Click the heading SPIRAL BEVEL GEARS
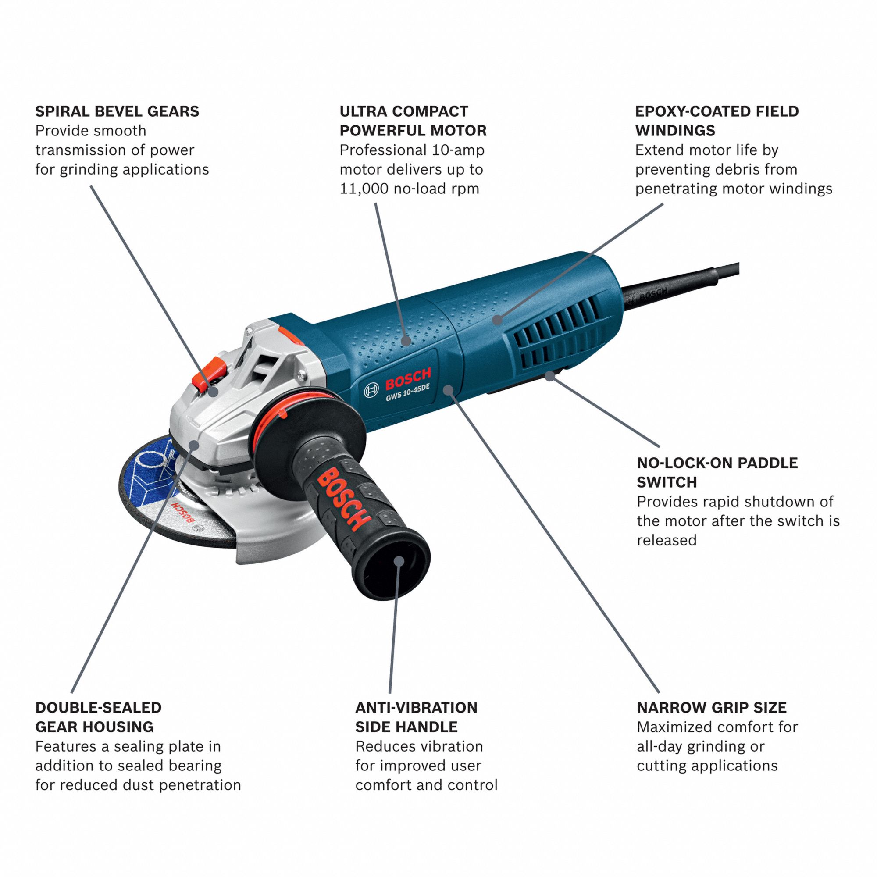[117, 111]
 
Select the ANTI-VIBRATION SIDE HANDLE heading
[416, 717]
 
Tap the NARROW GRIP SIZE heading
[711, 707]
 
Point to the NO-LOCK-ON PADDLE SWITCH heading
[717, 472]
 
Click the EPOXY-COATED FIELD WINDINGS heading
[717, 121]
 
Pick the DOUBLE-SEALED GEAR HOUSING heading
[99, 717]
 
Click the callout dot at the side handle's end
[399, 561]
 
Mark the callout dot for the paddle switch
[550, 375]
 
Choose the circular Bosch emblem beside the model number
[371, 389]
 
